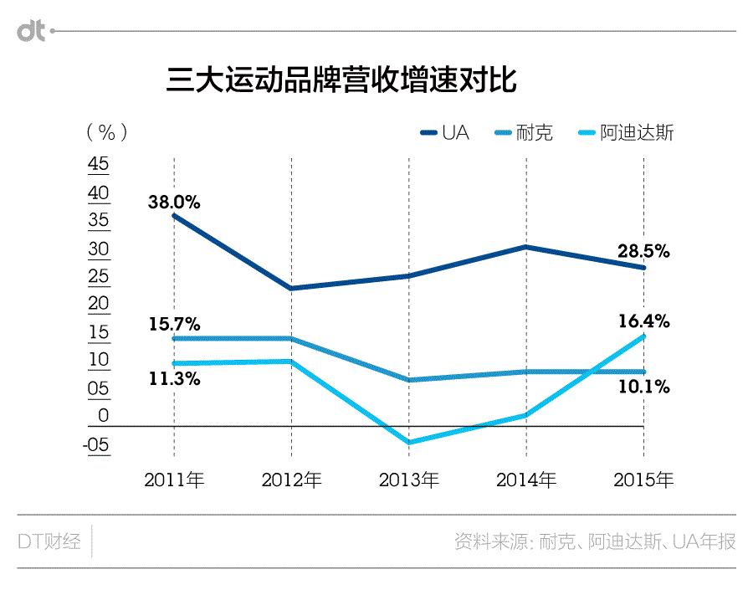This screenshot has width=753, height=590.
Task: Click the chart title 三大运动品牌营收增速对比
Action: [x=341, y=81]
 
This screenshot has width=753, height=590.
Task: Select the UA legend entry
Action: [x=446, y=133]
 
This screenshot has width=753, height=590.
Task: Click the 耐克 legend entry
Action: [x=524, y=133]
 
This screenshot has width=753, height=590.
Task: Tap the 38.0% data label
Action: [x=174, y=202]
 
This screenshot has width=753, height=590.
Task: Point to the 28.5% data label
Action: [x=643, y=251]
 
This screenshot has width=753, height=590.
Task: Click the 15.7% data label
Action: [x=174, y=323]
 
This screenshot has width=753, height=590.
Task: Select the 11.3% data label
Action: [x=174, y=378]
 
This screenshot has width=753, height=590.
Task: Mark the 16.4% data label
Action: [x=643, y=321]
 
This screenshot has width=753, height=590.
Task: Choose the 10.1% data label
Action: [x=643, y=387]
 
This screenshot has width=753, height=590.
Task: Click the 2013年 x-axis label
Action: [x=408, y=480]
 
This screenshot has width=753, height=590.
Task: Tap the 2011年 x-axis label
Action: [x=174, y=480]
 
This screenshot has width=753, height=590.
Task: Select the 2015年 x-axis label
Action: [x=643, y=480]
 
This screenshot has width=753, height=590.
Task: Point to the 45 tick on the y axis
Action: [x=99, y=165]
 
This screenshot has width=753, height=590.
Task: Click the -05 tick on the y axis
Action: [x=96, y=444]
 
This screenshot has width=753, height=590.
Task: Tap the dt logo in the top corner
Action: [x=32, y=32]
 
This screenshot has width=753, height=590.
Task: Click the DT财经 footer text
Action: [x=49, y=541]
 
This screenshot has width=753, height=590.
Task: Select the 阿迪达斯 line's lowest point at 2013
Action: [x=408, y=442]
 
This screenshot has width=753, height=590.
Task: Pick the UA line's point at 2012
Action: [x=291, y=289]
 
